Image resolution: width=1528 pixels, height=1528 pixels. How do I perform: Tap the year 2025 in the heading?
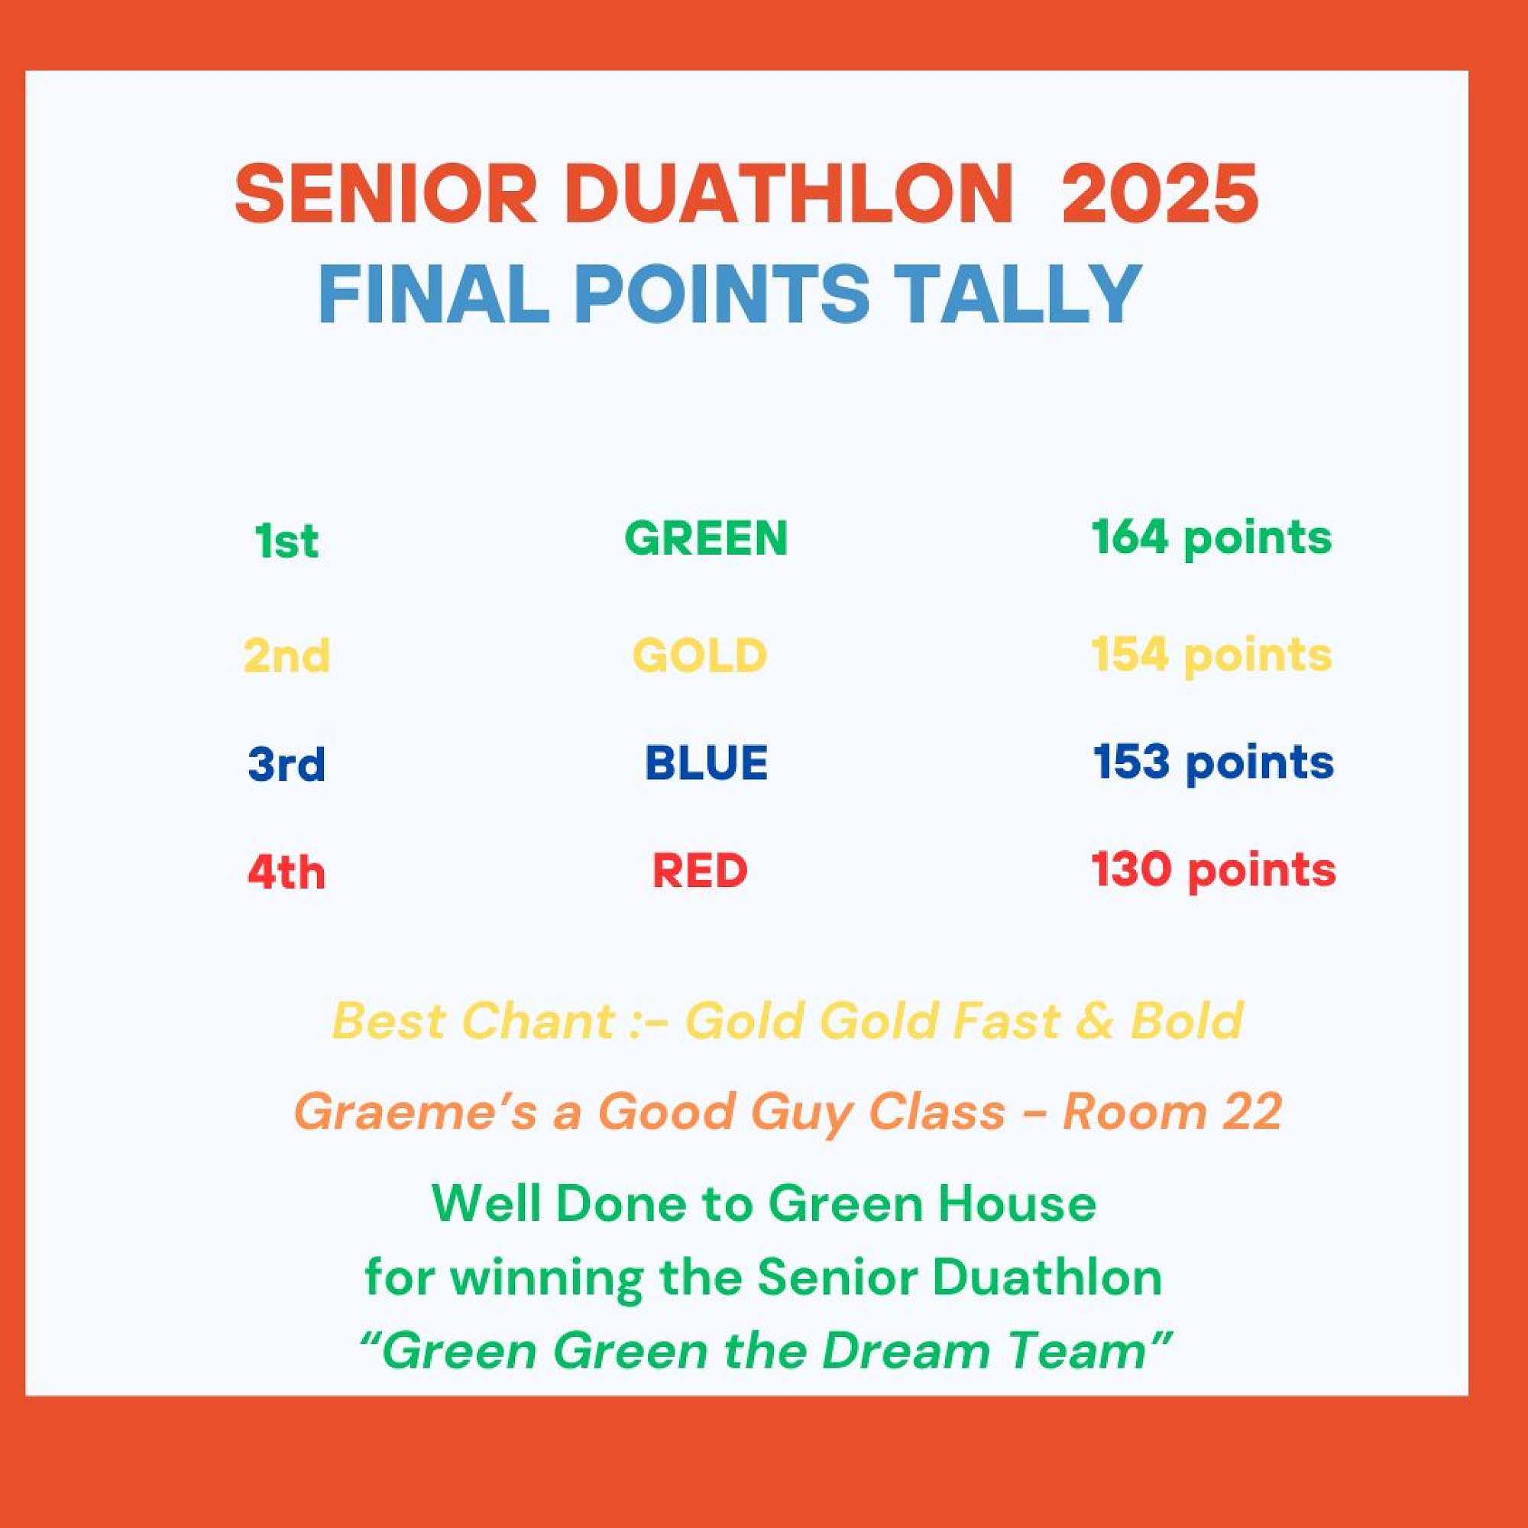[x=1160, y=194]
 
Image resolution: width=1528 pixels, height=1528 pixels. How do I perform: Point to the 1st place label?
[x=286, y=541]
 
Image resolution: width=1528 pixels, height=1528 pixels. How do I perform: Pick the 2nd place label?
[x=286, y=656]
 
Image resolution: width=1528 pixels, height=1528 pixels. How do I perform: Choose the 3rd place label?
[x=286, y=764]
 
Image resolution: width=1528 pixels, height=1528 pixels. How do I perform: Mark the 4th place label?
[x=286, y=872]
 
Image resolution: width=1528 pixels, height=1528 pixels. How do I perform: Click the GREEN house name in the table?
[x=705, y=539]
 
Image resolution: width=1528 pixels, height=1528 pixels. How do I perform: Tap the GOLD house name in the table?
[x=700, y=656]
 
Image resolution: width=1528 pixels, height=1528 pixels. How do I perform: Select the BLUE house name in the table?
[x=706, y=763]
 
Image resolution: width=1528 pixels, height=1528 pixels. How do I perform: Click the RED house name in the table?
[x=700, y=872]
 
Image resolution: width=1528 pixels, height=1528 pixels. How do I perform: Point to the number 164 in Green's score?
[x=1129, y=537]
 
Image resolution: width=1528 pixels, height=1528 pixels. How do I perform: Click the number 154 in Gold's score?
[x=1129, y=654]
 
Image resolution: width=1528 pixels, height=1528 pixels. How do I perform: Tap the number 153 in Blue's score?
[x=1131, y=762]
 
